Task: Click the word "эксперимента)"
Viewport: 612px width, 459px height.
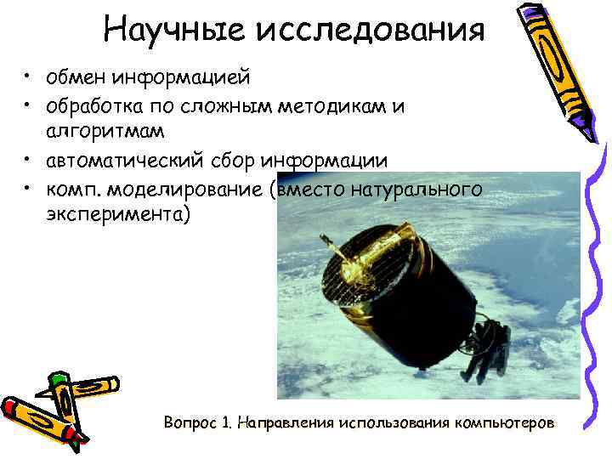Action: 120,215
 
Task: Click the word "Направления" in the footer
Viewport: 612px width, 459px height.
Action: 285,422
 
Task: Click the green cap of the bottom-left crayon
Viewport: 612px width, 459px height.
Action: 59,378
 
